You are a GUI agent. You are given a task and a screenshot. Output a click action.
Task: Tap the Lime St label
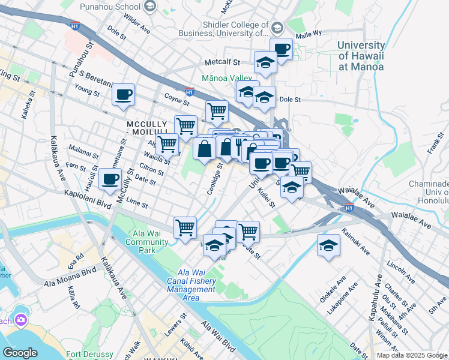[x=137, y=204]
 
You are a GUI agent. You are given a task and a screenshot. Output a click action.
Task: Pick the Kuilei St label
[x=267, y=198]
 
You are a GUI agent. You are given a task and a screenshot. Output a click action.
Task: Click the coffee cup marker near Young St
[x=123, y=95]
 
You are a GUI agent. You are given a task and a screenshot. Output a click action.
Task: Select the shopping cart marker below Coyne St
[x=217, y=110]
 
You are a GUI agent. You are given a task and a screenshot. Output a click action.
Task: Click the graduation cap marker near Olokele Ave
[x=328, y=245]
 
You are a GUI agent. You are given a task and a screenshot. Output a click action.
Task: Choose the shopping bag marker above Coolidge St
[x=205, y=148]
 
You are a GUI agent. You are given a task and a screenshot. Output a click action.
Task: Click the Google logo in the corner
[x=20, y=353]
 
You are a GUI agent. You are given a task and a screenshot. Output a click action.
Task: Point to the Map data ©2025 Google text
[x=411, y=355]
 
